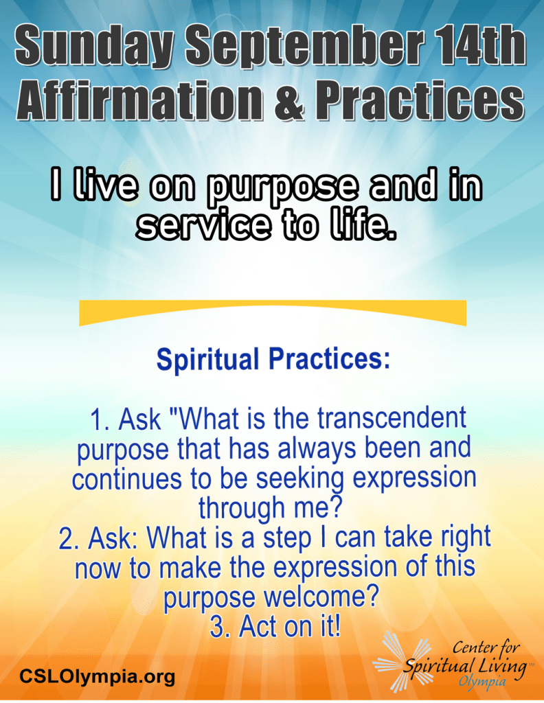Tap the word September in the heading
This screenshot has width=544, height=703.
304,47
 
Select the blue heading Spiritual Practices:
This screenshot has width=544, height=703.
273,360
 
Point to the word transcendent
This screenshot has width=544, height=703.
392,417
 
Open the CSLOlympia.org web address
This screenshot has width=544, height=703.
97,676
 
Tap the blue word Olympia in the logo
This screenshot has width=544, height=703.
482,682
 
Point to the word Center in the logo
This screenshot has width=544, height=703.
472,647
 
